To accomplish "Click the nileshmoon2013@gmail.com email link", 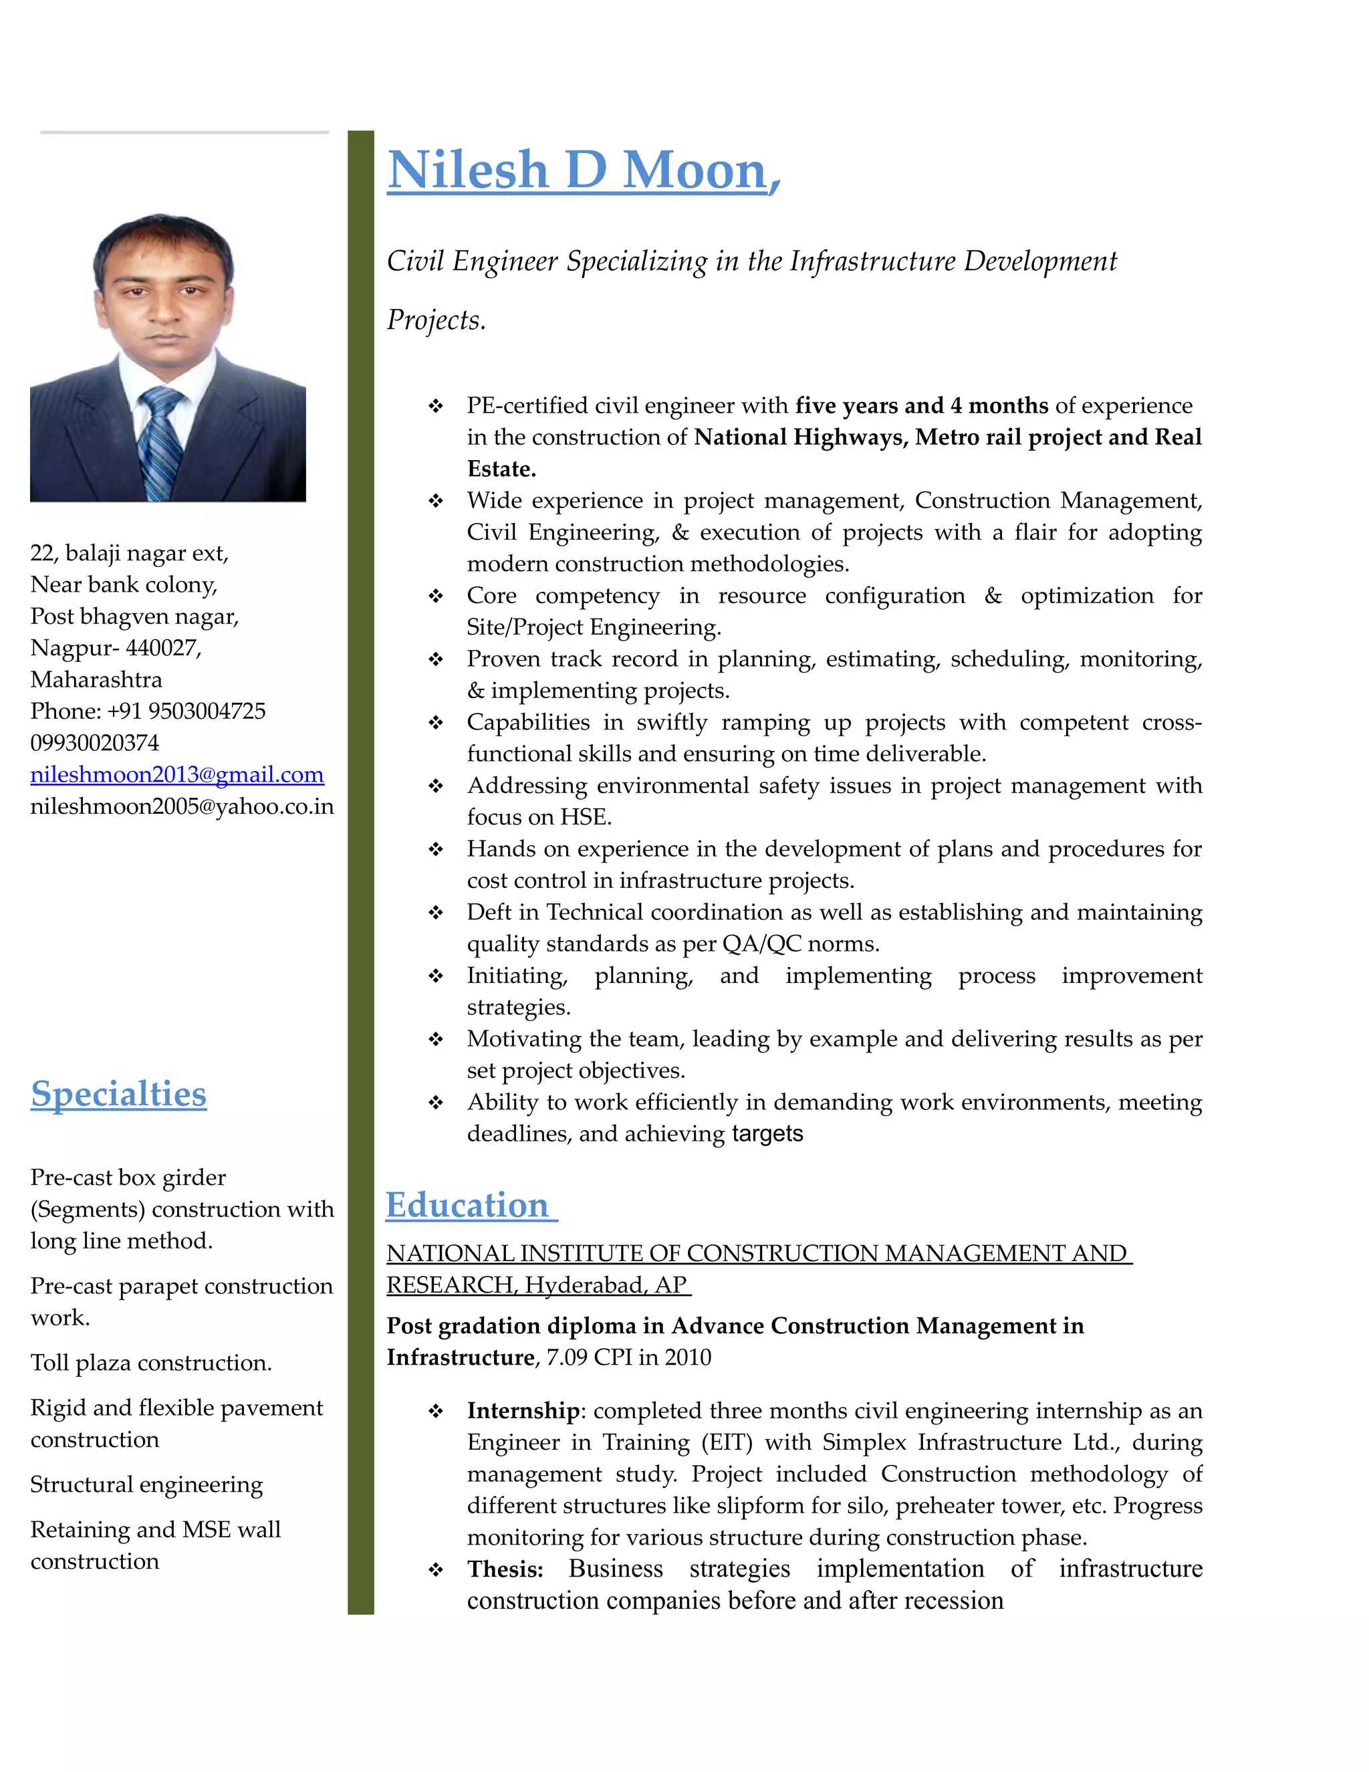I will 176,775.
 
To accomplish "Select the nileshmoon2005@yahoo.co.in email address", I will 182,806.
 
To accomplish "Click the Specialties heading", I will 118,1094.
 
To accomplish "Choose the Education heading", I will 468,1205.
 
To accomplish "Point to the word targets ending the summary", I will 767,1133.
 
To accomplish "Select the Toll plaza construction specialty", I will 151,1362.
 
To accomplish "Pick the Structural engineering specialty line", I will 147,1484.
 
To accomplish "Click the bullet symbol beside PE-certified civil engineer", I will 437,406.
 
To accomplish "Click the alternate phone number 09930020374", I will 95,742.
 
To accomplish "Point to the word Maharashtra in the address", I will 96,679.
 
